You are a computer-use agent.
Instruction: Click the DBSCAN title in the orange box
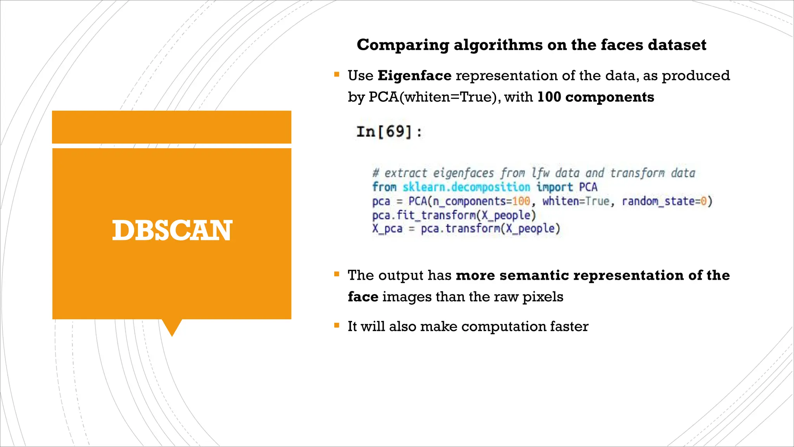172,230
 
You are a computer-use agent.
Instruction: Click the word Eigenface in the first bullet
414,76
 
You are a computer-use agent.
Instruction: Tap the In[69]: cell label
389,132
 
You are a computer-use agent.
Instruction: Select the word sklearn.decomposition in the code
466,187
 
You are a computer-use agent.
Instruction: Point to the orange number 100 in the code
521,201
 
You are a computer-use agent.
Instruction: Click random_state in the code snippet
659,201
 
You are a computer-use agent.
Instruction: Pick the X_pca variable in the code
387,229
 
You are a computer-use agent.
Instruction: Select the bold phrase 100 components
595,97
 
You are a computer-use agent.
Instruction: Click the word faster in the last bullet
569,327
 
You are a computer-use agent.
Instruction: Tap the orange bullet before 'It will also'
337,326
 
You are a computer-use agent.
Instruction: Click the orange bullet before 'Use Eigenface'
337,74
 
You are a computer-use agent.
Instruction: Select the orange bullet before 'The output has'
337,274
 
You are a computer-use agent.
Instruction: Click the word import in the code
554,187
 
